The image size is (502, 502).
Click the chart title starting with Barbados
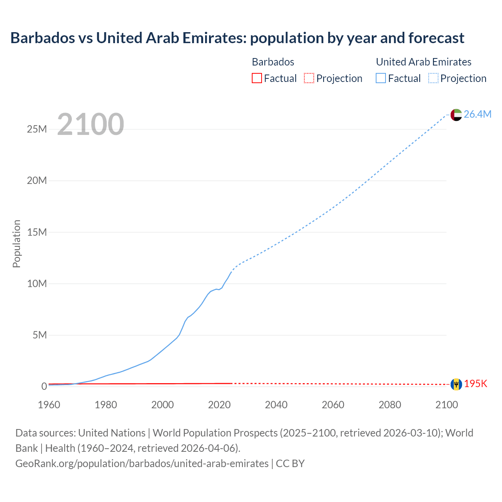[x=237, y=38]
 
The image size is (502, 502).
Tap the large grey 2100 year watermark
[x=91, y=124]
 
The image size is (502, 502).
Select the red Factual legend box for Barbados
[x=256, y=78]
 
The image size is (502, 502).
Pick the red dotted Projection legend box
[x=309, y=78]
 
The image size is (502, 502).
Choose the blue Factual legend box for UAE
[x=381, y=78]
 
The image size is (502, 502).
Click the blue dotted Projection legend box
[x=433, y=78]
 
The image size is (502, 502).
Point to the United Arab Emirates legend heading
[x=424, y=62]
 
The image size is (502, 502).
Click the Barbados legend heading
[x=273, y=62]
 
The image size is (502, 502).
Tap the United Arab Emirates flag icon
[x=456, y=115]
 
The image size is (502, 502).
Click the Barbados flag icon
[x=456, y=384]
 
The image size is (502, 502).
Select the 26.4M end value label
[x=477, y=114]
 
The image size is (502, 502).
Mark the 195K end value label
[x=475, y=384]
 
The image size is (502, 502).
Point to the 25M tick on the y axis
[x=37, y=129]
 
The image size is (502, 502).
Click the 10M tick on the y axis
[x=37, y=284]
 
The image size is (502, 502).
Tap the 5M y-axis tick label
[x=40, y=335]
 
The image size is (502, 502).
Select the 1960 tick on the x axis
[x=49, y=405]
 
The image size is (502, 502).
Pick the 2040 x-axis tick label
[x=276, y=405]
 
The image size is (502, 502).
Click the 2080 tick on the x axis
[x=390, y=405]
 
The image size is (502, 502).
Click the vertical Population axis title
[x=16, y=244]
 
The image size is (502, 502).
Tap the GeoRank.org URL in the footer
[x=142, y=463]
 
